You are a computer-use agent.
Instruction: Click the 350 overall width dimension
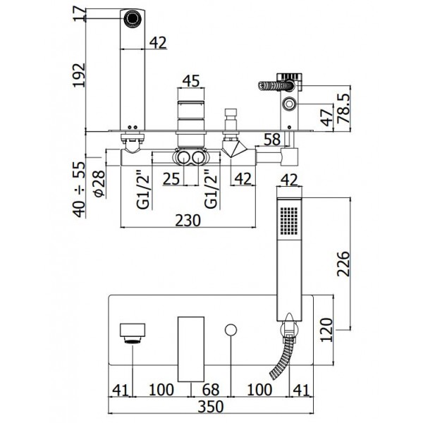click(x=211, y=406)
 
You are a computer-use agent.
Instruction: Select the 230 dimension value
click(x=188, y=221)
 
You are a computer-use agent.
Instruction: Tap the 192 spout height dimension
click(x=79, y=75)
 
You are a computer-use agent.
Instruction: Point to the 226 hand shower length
click(x=343, y=264)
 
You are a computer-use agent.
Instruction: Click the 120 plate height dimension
click(x=326, y=330)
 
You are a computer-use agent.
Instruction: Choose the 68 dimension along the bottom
click(x=211, y=390)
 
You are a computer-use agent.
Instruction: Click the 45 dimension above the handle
click(x=191, y=80)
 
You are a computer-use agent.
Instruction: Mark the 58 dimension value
click(x=272, y=140)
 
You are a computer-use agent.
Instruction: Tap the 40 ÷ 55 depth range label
click(x=80, y=190)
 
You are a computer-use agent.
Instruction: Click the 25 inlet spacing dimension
click(x=171, y=178)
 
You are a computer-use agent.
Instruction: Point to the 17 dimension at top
click(x=79, y=13)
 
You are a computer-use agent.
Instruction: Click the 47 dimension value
click(x=328, y=118)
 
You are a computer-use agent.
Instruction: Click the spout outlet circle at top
click(x=133, y=18)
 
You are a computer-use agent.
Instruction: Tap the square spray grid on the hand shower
click(x=289, y=220)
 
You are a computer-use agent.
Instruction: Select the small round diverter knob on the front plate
click(x=231, y=330)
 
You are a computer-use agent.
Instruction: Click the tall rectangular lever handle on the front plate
click(x=191, y=349)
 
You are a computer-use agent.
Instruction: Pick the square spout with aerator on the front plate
click(x=133, y=333)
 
